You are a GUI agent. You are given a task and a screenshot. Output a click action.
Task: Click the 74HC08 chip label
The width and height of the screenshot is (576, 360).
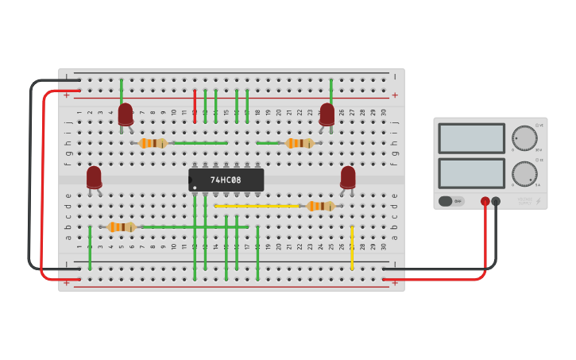tap(226, 180)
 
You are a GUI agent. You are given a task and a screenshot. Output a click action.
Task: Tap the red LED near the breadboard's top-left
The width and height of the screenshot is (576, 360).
tap(126, 114)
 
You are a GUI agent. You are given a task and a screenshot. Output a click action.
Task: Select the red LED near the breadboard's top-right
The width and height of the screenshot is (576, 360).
tap(327, 114)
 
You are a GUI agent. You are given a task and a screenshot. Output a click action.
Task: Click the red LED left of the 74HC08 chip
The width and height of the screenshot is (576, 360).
tap(94, 177)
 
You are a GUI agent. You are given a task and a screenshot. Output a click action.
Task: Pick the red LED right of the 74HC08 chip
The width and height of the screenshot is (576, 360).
tap(348, 177)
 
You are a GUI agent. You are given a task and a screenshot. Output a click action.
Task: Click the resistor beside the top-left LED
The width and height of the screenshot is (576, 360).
tap(153, 143)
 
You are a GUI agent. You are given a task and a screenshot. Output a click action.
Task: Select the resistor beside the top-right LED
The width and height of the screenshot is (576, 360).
tap(300, 143)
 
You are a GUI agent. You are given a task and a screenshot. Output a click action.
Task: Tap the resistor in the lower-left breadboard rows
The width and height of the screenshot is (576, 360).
tap(122, 226)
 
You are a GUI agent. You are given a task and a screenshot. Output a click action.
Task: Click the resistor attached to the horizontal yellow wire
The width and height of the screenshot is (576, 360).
tap(320, 206)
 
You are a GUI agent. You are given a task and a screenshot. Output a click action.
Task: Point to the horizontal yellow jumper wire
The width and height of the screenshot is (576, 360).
tap(257, 206)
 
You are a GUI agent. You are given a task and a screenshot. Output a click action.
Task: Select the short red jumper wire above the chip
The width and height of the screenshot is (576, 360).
tap(195, 106)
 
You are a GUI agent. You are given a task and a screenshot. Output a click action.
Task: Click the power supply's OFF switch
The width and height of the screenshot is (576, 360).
tap(451, 201)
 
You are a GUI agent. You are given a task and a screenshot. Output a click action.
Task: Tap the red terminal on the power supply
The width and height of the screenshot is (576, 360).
tap(485, 202)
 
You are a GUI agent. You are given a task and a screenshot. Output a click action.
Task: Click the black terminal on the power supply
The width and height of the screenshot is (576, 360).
tap(496, 202)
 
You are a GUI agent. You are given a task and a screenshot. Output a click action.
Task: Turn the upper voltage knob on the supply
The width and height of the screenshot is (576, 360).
tap(524, 137)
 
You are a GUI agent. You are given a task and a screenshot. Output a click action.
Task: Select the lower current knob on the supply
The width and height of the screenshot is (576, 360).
tap(524, 173)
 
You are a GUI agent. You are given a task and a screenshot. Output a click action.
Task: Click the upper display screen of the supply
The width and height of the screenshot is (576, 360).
tap(471, 138)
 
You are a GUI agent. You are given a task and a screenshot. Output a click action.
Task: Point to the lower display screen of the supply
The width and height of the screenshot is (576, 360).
tap(471, 173)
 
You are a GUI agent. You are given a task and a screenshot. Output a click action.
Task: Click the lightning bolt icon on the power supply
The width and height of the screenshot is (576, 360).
tap(539, 202)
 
